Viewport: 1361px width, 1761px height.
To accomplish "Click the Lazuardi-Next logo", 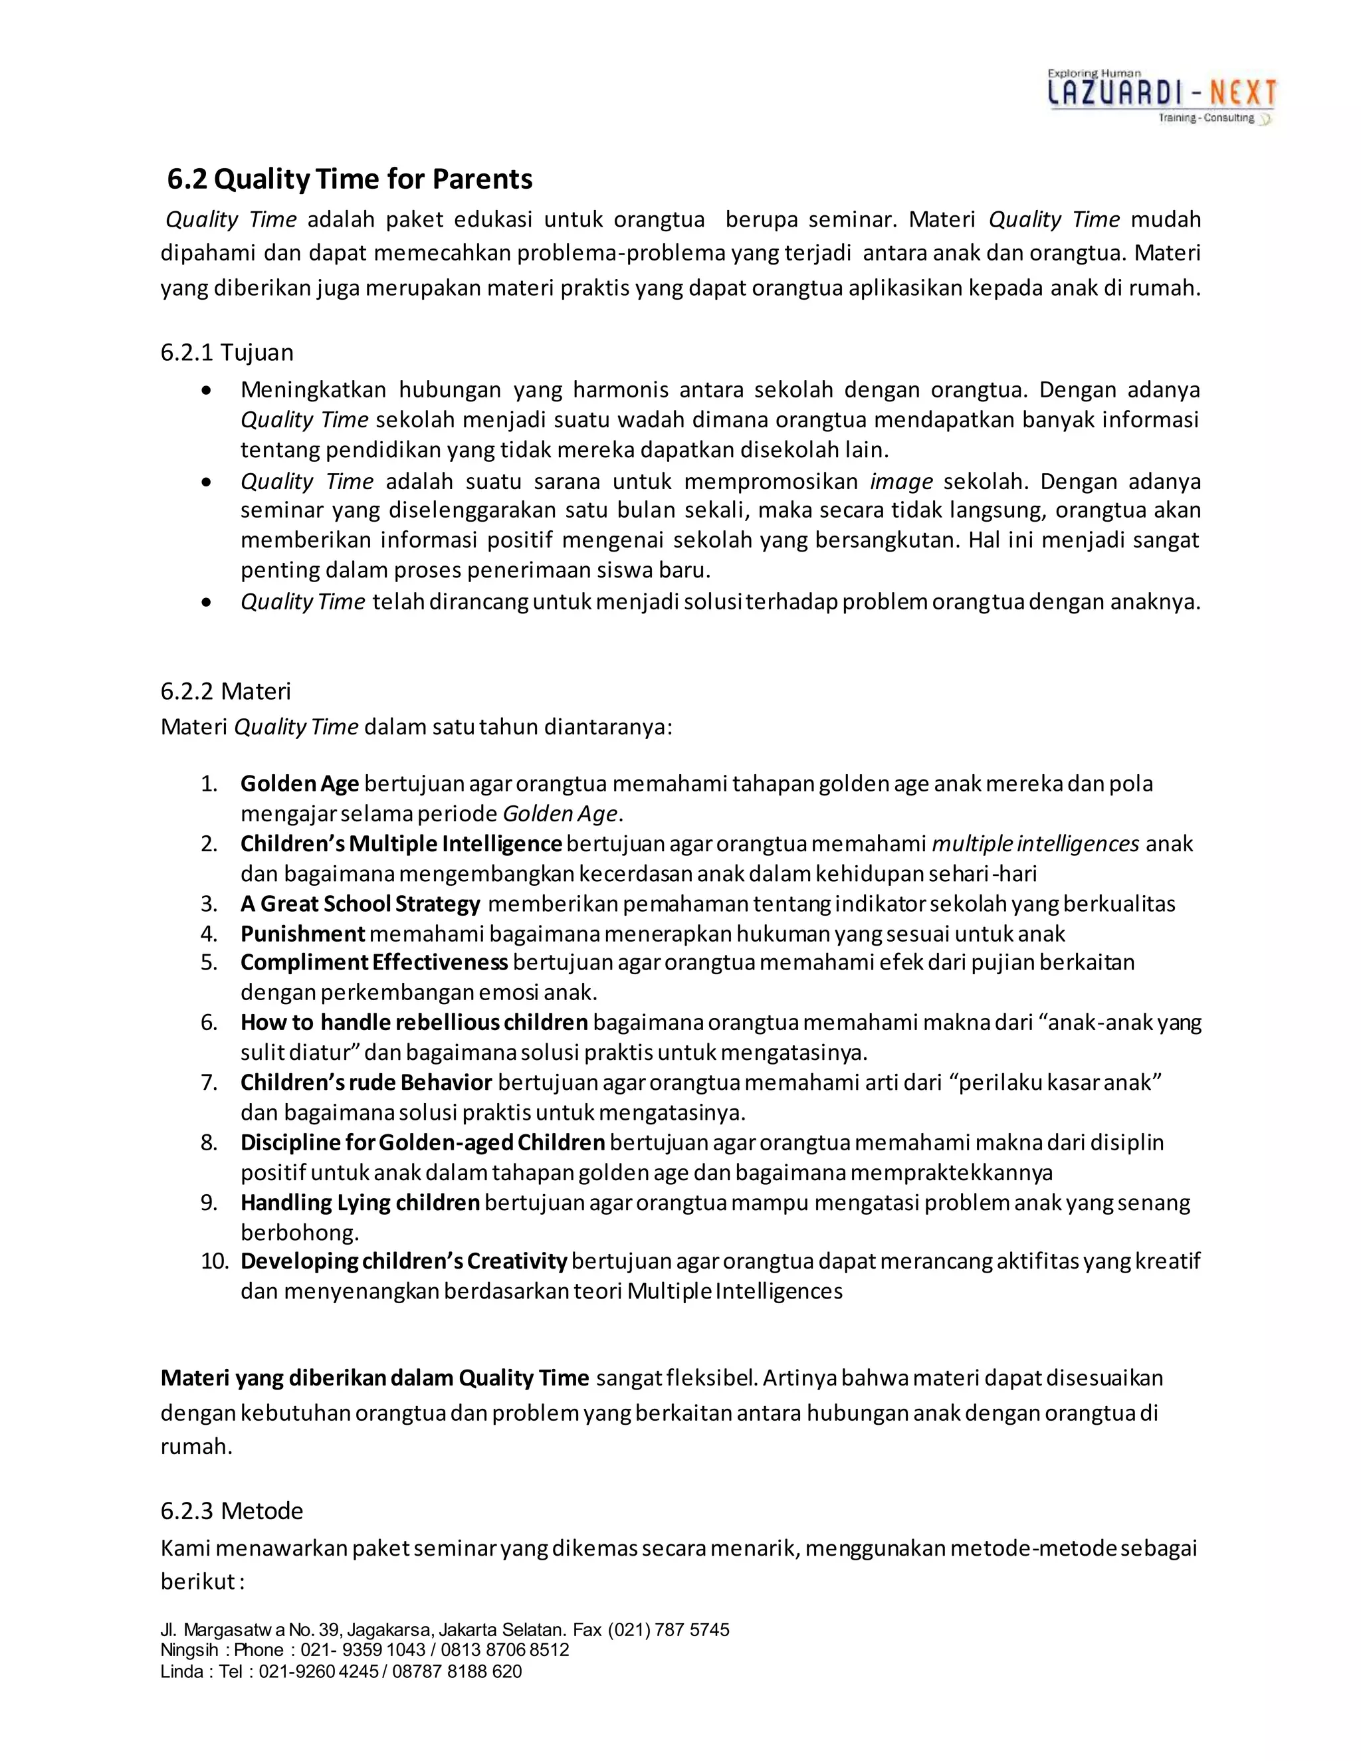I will pyautogui.click(x=1161, y=97).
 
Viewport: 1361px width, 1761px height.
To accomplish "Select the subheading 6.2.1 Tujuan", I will pyautogui.click(x=227, y=352).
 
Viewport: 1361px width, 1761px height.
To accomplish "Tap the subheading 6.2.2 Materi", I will pyautogui.click(x=226, y=691).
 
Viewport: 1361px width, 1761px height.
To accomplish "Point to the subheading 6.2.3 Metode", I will pyautogui.click(x=231, y=1510).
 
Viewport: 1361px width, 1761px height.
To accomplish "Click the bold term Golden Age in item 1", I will pyautogui.click(x=299, y=783).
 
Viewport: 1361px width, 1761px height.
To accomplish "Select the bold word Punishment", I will pyautogui.click(x=302, y=934).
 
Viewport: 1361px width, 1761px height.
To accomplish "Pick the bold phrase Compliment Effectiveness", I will pyautogui.click(x=373, y=963).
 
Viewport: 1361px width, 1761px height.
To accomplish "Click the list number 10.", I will pyautogui.click(x=215, y=1261).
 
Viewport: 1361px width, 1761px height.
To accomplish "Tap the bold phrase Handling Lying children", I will pyautogui.click(x=360, y=1202).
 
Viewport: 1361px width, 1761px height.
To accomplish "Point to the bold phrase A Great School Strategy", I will pyautogui.click(x=360, y=904).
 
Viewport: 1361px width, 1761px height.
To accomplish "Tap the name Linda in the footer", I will pyautogui.click(x=181, y=1671).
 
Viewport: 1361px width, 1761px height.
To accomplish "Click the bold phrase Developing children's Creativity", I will pyautogui.click(x=403, y=1261).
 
